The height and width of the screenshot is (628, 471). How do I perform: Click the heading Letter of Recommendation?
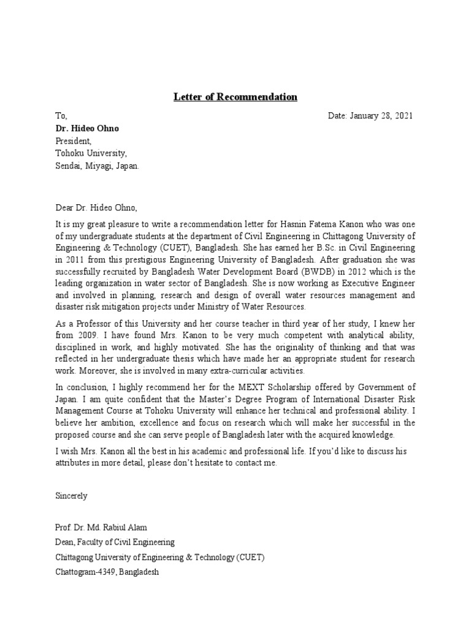235,97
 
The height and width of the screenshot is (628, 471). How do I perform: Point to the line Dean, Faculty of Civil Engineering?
115,542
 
